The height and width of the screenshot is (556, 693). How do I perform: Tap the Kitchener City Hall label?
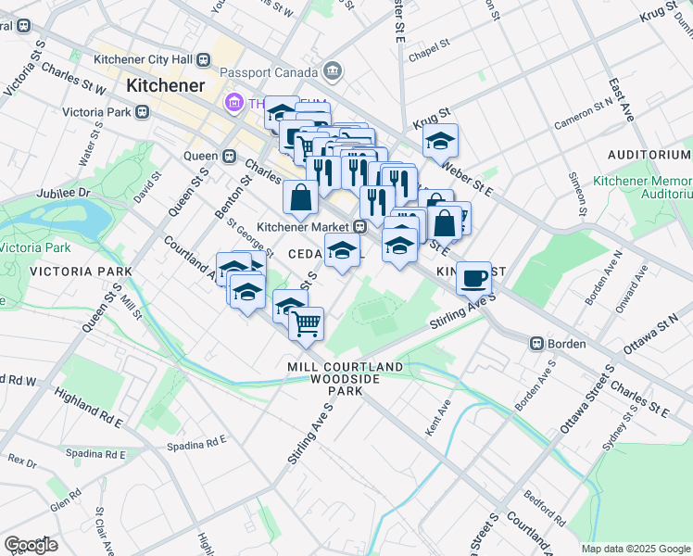pos(147,59)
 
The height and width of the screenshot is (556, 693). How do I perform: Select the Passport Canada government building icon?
pos(332,70)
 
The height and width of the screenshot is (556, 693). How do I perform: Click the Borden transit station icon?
pos(535,343)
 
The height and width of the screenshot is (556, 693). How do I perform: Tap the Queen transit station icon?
pos(227,156)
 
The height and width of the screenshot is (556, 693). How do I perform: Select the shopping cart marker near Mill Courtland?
pos(306,324)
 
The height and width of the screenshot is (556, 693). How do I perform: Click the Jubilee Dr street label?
pos(63,194)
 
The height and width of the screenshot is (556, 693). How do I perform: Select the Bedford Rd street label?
pos(541,507)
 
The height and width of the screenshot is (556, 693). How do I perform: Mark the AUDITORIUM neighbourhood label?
pos(649,154)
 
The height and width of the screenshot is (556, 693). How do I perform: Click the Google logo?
pos(31,544)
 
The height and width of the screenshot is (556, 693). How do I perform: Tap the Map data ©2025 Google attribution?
pos(636,549)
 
